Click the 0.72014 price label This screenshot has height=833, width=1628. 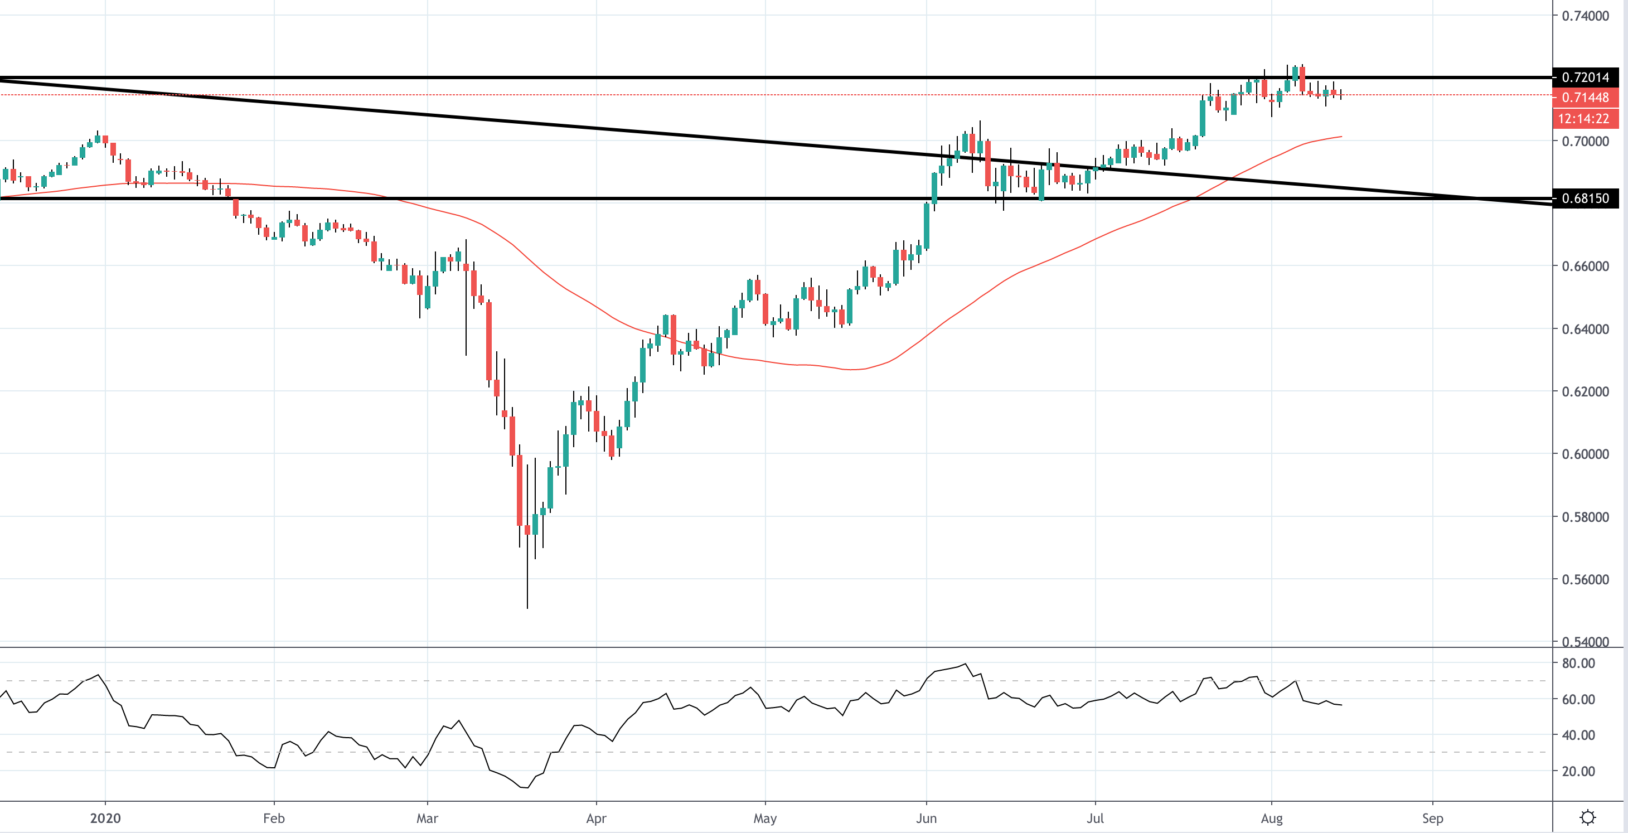1585,78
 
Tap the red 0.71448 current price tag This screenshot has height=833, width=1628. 1585,98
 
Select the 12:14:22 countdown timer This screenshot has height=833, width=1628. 1583,119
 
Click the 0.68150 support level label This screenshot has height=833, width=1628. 1585,198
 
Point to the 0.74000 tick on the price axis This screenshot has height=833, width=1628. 1585,16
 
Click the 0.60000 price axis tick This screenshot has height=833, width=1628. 1585,454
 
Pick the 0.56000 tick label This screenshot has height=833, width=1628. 1585,579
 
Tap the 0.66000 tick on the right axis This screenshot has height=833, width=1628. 1585,266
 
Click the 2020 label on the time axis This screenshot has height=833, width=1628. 105,819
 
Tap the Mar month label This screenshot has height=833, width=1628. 427,819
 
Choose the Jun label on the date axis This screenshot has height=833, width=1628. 926,819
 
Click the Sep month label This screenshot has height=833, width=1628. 1432,819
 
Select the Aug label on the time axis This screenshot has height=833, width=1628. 1272,819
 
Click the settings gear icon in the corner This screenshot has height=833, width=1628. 1587,818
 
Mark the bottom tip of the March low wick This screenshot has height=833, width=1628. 527,608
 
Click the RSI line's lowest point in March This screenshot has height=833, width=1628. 526,787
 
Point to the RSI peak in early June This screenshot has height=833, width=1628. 965,664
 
